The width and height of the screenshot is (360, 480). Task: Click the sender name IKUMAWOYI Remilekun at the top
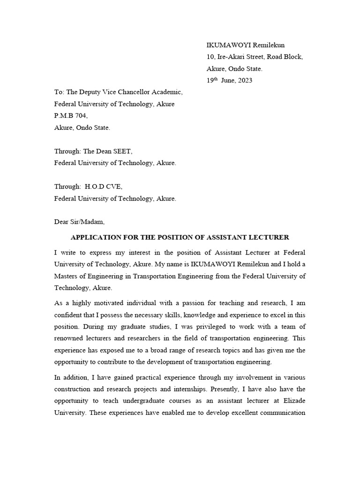(246, 45)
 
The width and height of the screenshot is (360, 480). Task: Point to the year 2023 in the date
(244, 80)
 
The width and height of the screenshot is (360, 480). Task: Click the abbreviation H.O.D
(96, 187)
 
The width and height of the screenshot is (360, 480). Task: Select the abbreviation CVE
(115, 187)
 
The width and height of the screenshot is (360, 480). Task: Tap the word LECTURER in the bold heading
(269, 237)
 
